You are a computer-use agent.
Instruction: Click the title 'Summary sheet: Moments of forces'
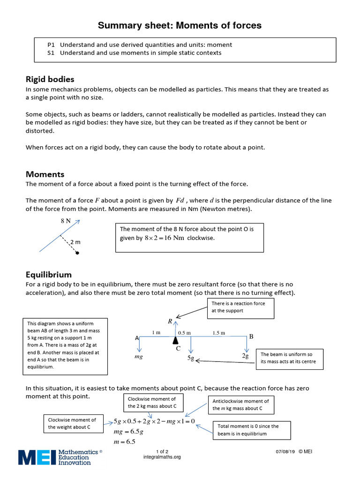pos(180,25)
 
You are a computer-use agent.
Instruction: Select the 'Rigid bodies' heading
pos(50,79)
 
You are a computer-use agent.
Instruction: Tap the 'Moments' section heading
pos(45,174)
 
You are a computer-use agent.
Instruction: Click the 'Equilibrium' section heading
pos(49,274)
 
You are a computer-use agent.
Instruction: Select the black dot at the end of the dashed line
pos(77,253)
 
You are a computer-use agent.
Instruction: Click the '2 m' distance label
pos(75,242)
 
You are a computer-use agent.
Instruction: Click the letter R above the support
pos(170,322)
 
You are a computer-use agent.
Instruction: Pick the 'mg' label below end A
pos(139,357)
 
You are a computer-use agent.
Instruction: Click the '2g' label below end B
pos(245,356)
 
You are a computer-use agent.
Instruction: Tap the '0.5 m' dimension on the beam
pos(185,333)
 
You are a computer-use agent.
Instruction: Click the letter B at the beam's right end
pos(251,337)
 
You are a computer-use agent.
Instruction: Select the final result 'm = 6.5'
pos(124,442)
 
